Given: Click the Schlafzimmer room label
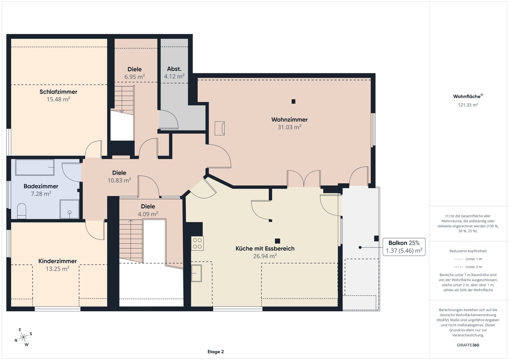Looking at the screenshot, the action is click(58, 92).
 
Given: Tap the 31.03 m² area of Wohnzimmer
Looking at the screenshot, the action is click(289, 127).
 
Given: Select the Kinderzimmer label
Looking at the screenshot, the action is click(57, 261).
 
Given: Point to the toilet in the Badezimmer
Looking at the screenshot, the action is click(22, 210).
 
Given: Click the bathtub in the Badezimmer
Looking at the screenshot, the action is click(35, 167).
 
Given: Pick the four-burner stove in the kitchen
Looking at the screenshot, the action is click(197, 243).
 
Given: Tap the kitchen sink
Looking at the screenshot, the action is click(196, 273).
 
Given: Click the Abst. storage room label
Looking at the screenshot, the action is click(174, 69).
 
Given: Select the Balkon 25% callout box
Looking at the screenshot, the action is click(404, 247).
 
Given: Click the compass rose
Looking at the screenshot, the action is click(23, 337).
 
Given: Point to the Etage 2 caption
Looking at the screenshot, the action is click(215, 352).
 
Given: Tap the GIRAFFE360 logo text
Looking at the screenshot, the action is click(468, 345).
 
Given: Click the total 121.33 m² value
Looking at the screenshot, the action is click(468, 105).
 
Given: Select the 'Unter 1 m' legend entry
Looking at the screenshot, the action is click(468, 259).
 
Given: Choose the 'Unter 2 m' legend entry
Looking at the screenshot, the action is click(468, 267).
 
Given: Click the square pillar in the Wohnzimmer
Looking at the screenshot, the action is click(294, 101).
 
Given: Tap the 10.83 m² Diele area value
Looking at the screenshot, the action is click(119, 180).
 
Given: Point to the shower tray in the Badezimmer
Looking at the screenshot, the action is click(69, 209).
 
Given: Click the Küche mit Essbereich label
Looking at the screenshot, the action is click(265, 248).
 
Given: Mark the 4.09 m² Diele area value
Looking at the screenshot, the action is click(148, 214).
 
